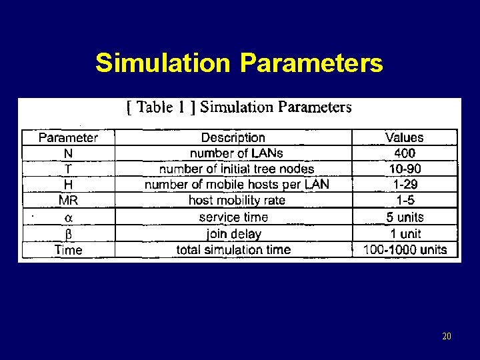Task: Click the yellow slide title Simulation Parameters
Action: (239, 63)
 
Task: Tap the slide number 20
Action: (446, 337)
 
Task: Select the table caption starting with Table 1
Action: (239, 107)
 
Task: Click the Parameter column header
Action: (68, 138)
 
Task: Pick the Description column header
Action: (233, 138)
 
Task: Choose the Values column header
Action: (404, 138)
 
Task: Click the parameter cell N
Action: (68, 153)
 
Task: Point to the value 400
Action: (404, 153)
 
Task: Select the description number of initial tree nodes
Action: (236, 169)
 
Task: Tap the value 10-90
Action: (405, 169)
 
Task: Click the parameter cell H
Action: (68, 185)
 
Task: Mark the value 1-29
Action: (405, 185)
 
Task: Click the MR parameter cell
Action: (68, 201)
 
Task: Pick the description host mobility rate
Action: (237, 201)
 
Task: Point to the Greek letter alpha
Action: (68, 218)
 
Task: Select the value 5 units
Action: (405, 217)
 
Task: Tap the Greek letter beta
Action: (68, 234)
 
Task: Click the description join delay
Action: (233, 234)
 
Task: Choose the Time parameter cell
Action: (68, 250)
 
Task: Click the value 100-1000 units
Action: (405, 250)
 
